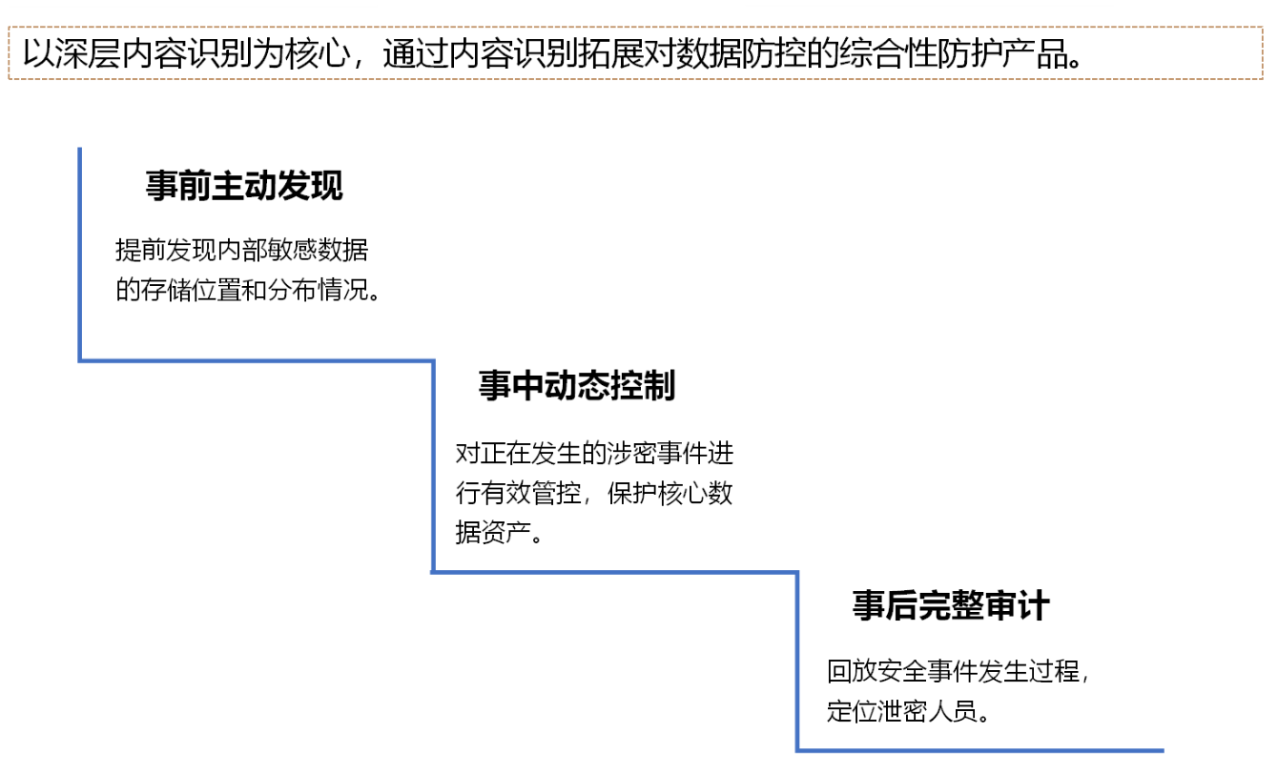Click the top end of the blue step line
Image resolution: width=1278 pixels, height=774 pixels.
tap(79, 149)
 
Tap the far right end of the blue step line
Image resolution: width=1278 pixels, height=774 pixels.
tap(1163, 751)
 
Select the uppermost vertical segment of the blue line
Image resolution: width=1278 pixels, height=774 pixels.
tap(79, 254)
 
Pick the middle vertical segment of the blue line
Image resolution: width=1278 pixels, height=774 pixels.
tap(433, 466)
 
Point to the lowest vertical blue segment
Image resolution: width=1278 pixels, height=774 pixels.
tap(797, 662)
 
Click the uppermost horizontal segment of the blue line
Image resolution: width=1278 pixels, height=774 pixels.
tap(256, 360)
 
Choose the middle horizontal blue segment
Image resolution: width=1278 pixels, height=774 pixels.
tap(615, 572)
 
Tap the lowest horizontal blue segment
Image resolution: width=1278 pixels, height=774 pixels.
tap(980, 751)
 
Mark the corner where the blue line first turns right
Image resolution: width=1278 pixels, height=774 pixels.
tap(80, 360)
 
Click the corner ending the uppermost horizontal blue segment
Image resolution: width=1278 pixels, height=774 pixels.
tap(433, 360)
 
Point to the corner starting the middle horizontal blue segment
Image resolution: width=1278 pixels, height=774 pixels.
tap(433, 572)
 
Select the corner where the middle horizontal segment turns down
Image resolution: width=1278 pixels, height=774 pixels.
tap(797, 572)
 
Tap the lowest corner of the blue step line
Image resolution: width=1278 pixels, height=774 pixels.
tap(797, 751)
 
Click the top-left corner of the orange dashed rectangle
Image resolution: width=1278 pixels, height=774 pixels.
tap(9, 27)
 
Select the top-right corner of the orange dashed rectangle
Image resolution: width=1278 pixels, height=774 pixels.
tap(1262, 27)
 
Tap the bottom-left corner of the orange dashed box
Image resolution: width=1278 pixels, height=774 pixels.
tap(9, 78)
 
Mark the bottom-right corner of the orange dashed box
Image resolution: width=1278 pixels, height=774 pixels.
tap(1262, 78)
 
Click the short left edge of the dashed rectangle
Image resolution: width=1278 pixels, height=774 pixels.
tap(9, 52)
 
